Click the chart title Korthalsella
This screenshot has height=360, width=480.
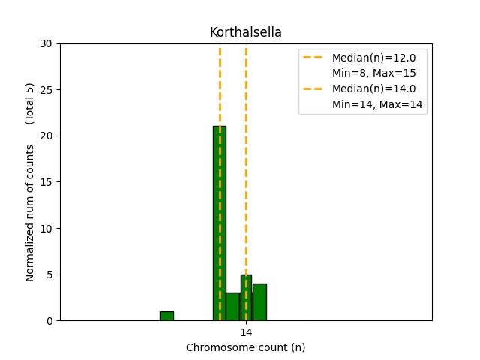pos(245,32)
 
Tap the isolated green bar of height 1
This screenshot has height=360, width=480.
pos(166,316)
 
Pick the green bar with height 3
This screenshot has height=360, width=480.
pos(232,307)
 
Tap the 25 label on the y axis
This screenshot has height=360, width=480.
pos(46,90)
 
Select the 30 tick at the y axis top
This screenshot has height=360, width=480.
pos(46,43)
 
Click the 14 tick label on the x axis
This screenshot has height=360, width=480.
pos(246,332)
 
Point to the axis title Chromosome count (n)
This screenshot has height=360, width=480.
pos(245,347)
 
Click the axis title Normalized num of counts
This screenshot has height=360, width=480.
pos(30,213)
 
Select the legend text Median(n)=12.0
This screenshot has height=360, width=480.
pos(373,58)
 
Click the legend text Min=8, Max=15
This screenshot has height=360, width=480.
pos(373,73)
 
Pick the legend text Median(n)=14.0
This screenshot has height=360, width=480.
pos(373,88)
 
